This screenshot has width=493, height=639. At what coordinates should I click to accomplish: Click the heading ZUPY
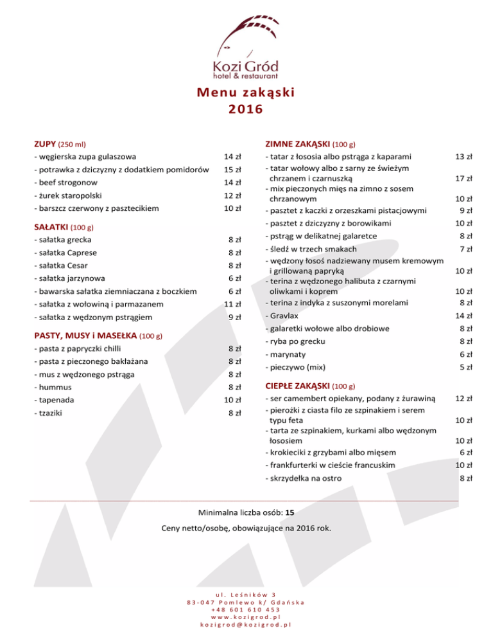45,144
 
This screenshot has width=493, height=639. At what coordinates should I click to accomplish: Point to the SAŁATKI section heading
51,227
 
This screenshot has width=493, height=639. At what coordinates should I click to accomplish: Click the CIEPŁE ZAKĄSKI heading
297,386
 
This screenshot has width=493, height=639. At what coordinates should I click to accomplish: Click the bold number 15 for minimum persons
290,513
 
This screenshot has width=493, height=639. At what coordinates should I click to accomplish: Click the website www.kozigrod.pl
246,615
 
